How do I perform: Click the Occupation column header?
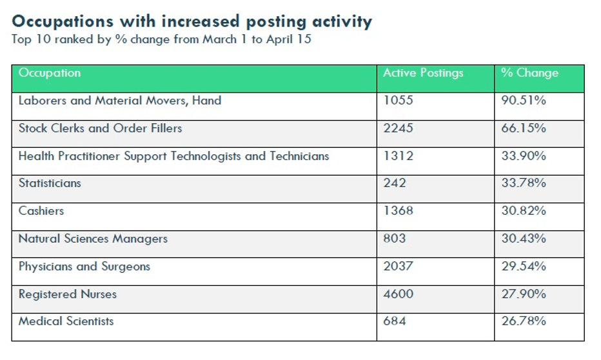point(50,73)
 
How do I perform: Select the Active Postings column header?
point(423,73)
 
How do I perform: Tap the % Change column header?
point(529,73)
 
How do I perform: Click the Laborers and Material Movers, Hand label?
point(120,101)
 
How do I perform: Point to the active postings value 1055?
point(399,101)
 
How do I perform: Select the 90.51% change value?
point(524,101)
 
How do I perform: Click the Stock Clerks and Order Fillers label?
point(100,128)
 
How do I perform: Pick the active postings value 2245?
point(399,128)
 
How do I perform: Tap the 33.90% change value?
point(524,155)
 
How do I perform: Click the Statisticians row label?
point(50,183)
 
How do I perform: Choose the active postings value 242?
point(395,183)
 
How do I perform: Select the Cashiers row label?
point(41,211)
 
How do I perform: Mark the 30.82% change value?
point(524,210)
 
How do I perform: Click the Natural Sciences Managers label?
point(93,239)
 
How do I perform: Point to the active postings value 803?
point(395,238)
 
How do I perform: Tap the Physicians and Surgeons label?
point(84,266)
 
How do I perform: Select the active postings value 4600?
point(399,294)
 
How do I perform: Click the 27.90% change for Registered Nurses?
point(524,294)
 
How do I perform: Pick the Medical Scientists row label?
point(66,321)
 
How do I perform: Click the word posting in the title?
point(277,22)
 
